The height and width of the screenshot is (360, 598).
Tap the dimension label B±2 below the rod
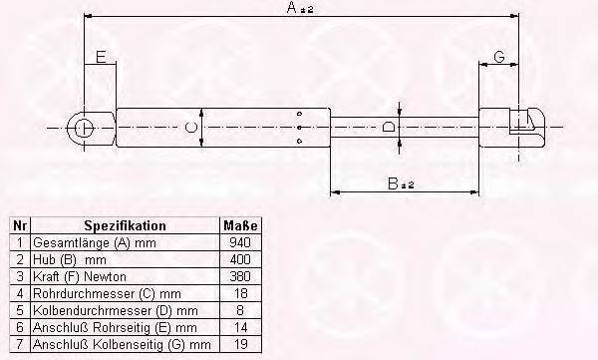pyautogui.click(x=401, y=184)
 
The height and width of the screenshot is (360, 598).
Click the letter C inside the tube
pyautogui.click(x=191, y=127)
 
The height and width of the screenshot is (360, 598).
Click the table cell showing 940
pyautogui.click(x=240, y=242)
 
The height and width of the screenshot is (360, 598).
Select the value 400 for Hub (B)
pyautogui.click(x=240, y=258)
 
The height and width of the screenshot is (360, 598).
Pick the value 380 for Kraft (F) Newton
pyautogui.click(x=240, y=275)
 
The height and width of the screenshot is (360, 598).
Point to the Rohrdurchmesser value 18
pyautogui.click(x=240, y=292)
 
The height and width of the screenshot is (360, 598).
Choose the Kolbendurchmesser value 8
pyautogui.click(x=240, y=309)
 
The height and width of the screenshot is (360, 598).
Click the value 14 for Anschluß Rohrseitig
pyautogui.click(x=240, y=326)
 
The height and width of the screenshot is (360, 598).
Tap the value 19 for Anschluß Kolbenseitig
pyautogui.click(x=240, y=343)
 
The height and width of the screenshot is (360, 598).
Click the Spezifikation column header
pyautogui.click(x=125, y=226)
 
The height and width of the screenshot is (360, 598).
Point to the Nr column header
pyautogui.click(x=20, y=226)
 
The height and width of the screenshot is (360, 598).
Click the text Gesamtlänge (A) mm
pyautogui.click(x=80, y=242)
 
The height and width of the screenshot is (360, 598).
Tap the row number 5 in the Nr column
pyautogui.click(x=20, y=309)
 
